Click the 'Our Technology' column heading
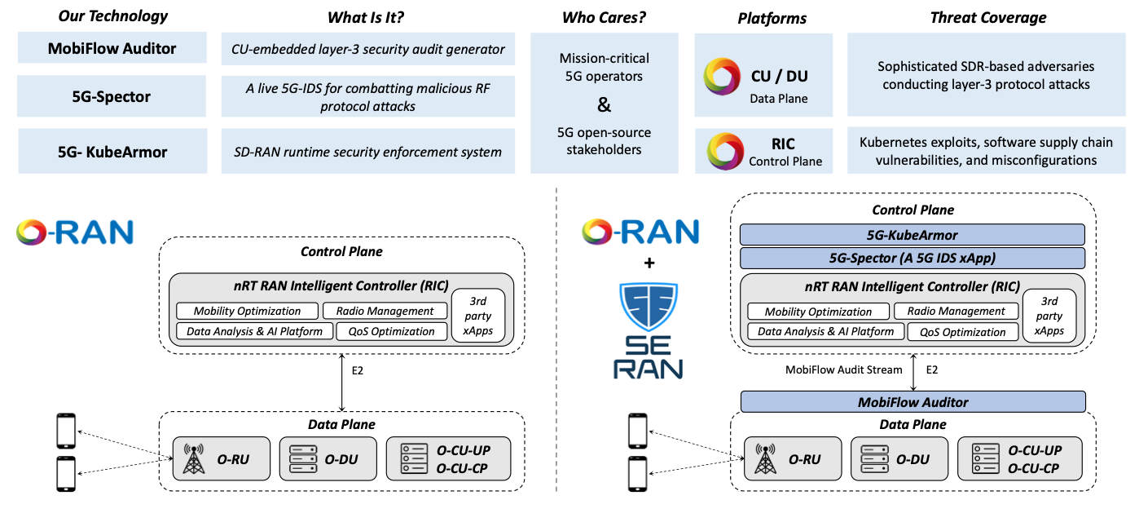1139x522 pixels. tap(112, 16)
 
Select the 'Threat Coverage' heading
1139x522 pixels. tap(987, 17)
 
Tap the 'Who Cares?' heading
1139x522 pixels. tap(603, 17)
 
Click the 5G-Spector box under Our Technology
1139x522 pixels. tap(111, 97)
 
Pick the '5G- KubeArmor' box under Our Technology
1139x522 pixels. tap(111, 151)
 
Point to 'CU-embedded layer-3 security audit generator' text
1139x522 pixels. tap(367, 49)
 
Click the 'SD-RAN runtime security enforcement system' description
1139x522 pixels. tap(367, 151)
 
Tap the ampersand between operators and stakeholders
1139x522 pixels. tap(604, 104)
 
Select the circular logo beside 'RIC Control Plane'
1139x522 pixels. tap(724, 151)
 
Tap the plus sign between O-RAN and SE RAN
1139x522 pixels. tap(649, 263)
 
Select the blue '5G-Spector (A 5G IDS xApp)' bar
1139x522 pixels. tap(913, 259)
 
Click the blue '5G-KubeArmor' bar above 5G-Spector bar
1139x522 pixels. tap(913, 235)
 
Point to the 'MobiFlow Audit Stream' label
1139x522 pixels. tap(843, 369)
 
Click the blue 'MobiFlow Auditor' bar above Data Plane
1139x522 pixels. tap(913, 401)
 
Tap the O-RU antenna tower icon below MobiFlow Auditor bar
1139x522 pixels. tap(763, 459)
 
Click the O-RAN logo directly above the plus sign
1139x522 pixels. tap(640, 232)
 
